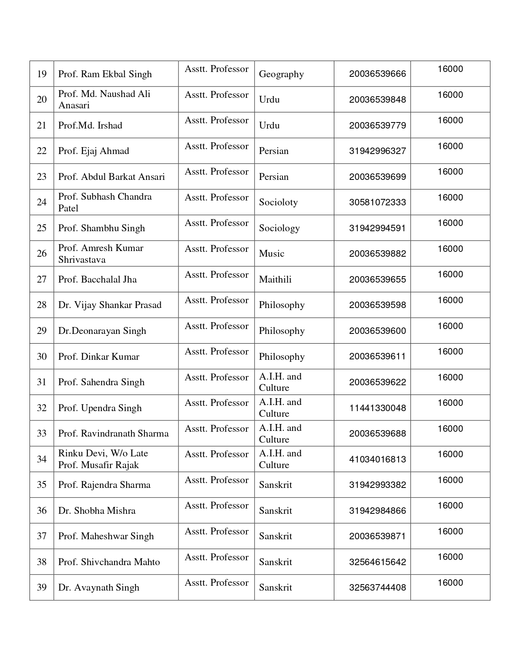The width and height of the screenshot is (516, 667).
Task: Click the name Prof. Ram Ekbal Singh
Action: pyautogui.click(x=105, y=74)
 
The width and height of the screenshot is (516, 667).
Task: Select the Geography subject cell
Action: pyautogui.click(x=281, y=74)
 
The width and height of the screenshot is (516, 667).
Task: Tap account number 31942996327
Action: pyautogui.click(x=377, y=151)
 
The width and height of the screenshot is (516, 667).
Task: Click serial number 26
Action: pyautogui.click(x=42, y=253)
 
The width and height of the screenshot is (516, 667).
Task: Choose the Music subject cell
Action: pyautogui.click(x=272, y=253)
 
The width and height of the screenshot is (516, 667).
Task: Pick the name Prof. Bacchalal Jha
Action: pyautogui.click(x=97, y=279)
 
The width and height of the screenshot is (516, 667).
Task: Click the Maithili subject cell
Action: pyautogui.click(x=275, y=279)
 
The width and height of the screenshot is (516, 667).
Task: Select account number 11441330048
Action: pyautogui.click(x=377, y=408)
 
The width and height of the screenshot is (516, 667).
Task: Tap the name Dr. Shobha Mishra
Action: pyautogui.click(x=97, y=511)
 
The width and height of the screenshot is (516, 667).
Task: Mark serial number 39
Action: pyautogui.click(x=42, y=587)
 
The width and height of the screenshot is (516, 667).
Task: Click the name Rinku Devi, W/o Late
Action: pyautogui.click(x=103, y=453)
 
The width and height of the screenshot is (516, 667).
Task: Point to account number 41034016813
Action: pyautogui.click(x=377, y=459)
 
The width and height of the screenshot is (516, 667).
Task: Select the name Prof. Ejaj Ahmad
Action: pyautogui.click(x=93, y=151)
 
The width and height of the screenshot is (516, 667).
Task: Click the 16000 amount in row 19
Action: pyautogui.click(x=450, y=69)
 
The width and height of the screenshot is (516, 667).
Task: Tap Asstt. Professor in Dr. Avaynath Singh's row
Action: pyautogui.click(x=217, y=583)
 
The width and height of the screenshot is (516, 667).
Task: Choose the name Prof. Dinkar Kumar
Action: pyautogui.click(x=98, y=357)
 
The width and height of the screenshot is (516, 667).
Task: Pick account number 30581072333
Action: pyautogui.click(x=377, y=202)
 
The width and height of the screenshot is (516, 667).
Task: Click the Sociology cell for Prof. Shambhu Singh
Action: pyautogui.click(x=279, y=228)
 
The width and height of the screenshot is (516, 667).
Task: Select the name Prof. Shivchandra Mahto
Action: pyautogui.click(x=109, y=562)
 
